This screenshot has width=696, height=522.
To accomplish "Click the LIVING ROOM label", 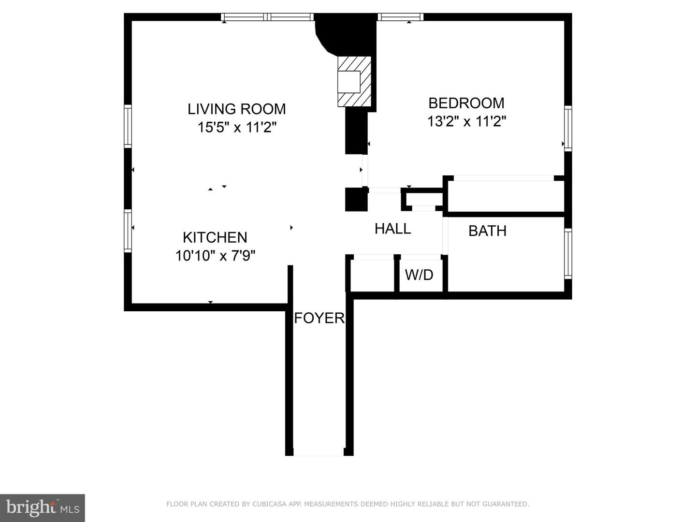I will pyautogui.click(x=236, y=109).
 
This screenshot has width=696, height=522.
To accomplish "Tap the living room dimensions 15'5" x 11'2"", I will pyautogui.click(x=236, y=128).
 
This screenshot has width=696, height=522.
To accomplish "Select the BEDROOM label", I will pyautogui.click(x=466, y=103).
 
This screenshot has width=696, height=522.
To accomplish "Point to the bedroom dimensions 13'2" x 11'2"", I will pyautogui.click(x=466, y=121).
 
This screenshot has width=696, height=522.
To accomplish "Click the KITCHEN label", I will pyautogui.click(x=215, y=237).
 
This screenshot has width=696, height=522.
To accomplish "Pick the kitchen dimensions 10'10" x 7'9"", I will pyautogui.click(x=215, y=255).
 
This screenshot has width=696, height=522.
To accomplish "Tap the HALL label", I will pyautogui.click(x=392, y=229).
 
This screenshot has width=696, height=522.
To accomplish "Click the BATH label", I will pyautogui.click(x=487, y=231).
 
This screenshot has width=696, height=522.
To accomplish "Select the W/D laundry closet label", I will pyautogui.click(x=419, y=275).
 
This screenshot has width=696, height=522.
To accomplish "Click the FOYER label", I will pyautogui.click(x=319, y=318).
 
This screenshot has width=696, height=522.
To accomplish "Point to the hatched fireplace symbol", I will pyautogui.click(x=354, y=81).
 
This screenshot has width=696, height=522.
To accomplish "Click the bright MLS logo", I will pyautogui.click(x=43, y=508).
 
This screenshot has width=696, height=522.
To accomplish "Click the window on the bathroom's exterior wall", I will pyautogui.click(x=568, y=254).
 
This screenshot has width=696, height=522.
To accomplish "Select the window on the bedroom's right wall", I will pyautogui.click(x=568, y=128).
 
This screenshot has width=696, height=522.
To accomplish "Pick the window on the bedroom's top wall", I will pyautogui.click(x=400, y=17).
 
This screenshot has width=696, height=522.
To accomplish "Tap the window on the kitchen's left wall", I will pyautogui.click(x=128, y=231).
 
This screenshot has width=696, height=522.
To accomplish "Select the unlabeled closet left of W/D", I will pyautogui.click(x=372, y=275).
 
